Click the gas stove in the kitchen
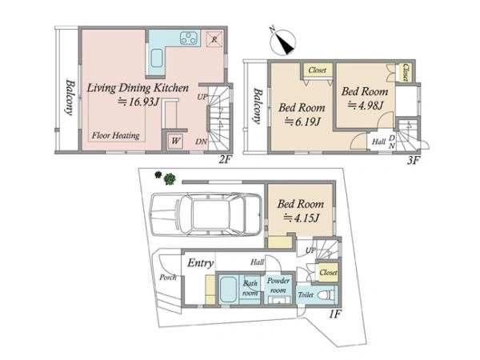(x=189, y=38)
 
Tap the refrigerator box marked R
(x=214, y=39)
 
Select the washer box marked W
(x=175, y=141)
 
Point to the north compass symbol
(x=283, y=42)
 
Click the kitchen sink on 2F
(x=157, y=58)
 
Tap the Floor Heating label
(x=116, y=135)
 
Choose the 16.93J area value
(x=138, y=102)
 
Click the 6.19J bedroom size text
(x=302, y=122)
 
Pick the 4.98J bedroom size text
(x=366, y=106)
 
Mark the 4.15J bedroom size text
(x=302, y=218)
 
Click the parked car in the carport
(x=206, y=214)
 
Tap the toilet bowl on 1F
(x=326, y=295)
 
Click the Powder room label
(x=278, y=286)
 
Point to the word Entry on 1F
(x=201, y=263)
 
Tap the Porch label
(x=168, y=278)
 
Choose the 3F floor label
(x=412, y=160)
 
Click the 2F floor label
(x=224, y=159)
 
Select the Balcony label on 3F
(x=258, y=106)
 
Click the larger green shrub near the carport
(x=170, y=178)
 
